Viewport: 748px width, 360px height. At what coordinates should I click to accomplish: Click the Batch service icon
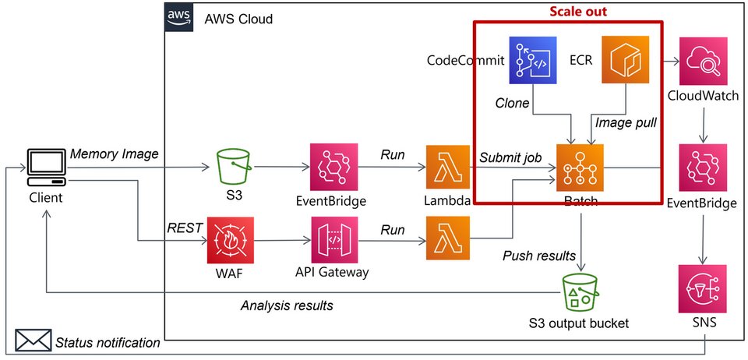[x=577, y=167]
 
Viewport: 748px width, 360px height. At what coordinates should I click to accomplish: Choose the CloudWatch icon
[x=703, y=60]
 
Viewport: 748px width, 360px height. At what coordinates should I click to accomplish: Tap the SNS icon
[x=702, y=288]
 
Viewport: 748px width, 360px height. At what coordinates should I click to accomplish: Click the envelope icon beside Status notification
[x=32, y=341]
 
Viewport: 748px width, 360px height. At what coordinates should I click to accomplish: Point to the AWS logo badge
[x=178, y=18]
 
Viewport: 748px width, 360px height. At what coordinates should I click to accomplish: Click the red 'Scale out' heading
[x=577, y=12]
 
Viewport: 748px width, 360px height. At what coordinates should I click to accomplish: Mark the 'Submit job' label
[x=510, y=157]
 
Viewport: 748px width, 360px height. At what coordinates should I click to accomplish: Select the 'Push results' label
[x=538, y=255]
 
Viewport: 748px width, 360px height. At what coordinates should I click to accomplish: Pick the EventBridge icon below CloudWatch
[x=703, y=167]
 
